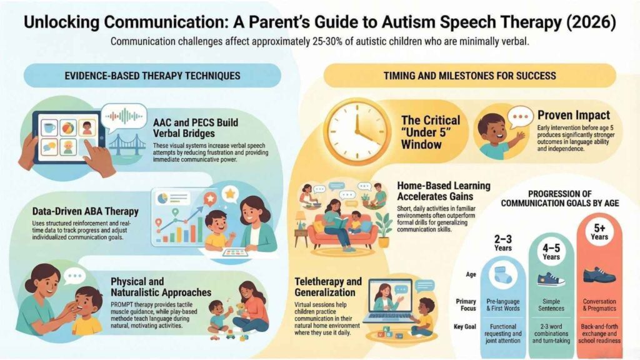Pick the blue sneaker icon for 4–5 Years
coord(551,278)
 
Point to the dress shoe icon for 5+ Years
coord(599,274)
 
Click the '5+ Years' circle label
coord(598,232)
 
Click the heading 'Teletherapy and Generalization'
coord(327,286)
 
